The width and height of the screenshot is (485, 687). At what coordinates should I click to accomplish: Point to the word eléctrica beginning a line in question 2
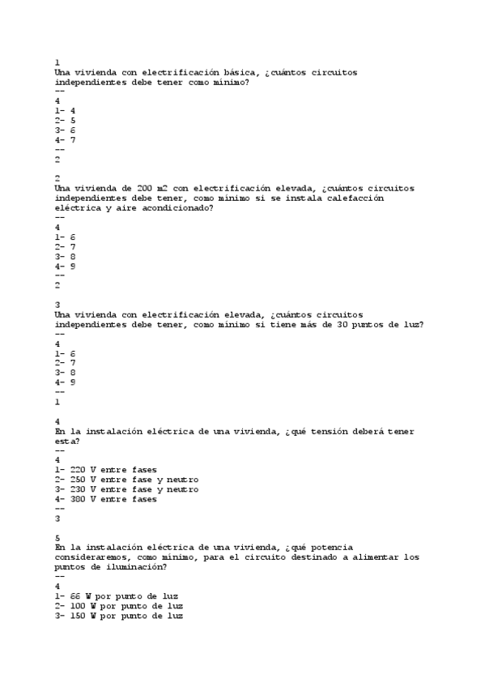(79, 208)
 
